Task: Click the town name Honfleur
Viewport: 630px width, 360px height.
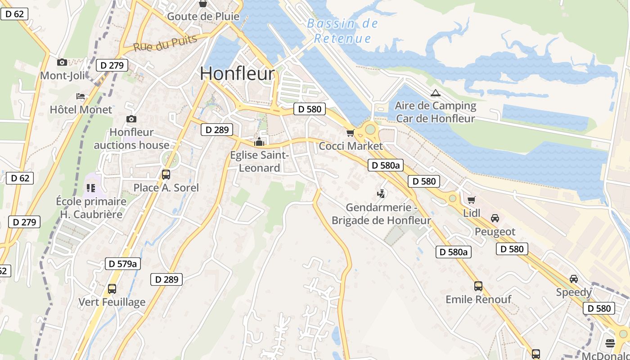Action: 237,74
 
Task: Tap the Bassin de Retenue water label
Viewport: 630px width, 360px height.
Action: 343,31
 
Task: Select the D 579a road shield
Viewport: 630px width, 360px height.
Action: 123,264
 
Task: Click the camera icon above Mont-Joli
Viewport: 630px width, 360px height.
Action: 62,62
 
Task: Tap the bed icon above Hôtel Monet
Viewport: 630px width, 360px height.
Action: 81,96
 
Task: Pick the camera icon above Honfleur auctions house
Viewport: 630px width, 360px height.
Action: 131,119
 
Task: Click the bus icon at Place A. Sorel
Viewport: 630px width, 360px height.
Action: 166,174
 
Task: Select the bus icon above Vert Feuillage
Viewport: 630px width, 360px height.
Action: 112,288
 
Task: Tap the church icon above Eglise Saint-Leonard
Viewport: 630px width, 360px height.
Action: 259,142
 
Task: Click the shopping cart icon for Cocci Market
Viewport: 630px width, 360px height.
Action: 351,133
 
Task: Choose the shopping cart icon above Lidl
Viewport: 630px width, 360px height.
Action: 471,200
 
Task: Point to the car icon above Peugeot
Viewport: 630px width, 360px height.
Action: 495,218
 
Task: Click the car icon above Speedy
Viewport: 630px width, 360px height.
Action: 574,279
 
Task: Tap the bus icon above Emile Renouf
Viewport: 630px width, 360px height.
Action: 478,286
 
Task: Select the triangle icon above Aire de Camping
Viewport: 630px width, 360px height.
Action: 435,93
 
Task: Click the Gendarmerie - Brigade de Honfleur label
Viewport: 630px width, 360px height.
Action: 381,214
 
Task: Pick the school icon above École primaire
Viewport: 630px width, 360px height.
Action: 91,188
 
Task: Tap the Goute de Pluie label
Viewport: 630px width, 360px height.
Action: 203,17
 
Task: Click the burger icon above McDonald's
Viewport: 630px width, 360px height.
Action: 610,343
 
